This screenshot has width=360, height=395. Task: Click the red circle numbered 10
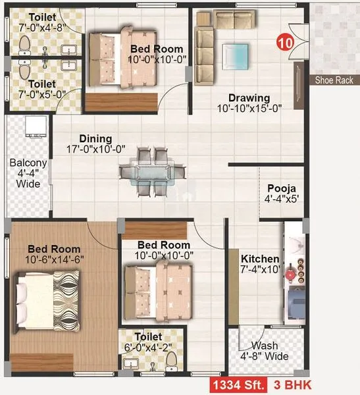(285, 43)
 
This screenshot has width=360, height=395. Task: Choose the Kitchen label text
(259, 258)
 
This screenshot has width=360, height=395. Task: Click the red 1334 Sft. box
(237, 385)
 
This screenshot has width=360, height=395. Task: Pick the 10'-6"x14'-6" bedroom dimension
(53, 261)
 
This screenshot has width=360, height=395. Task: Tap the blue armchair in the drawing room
(236, 55)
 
